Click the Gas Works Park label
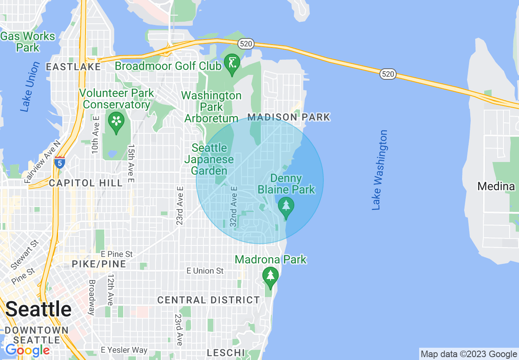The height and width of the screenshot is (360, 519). coord(27,42)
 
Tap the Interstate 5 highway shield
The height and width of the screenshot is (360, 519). coord(59,162)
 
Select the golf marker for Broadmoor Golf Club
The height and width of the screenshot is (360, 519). coord(232,64)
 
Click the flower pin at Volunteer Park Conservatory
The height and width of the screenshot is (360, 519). coord(116,122)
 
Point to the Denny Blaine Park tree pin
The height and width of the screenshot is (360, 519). coord(286,207)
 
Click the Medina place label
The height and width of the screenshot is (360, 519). coord(496,187)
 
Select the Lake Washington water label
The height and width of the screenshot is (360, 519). coord(379,170)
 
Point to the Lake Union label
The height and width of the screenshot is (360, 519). coord(30,87)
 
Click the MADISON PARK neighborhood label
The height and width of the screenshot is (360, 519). coord(289,117)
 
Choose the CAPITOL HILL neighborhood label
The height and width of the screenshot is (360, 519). coord(86,183)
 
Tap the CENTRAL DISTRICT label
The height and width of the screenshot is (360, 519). coord(208,300)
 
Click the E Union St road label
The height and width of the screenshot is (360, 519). coord(205,271)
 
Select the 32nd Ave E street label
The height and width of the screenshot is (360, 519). coord(234,207)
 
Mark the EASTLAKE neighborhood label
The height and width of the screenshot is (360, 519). coord(73,67)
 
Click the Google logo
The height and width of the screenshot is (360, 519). coord(27,350)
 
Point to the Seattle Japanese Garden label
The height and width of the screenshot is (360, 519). coord(209,159)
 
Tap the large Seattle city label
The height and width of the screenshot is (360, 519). coord(38,309)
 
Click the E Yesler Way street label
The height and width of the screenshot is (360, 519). coord(124,350)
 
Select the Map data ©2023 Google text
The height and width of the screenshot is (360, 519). coord(469,354)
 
